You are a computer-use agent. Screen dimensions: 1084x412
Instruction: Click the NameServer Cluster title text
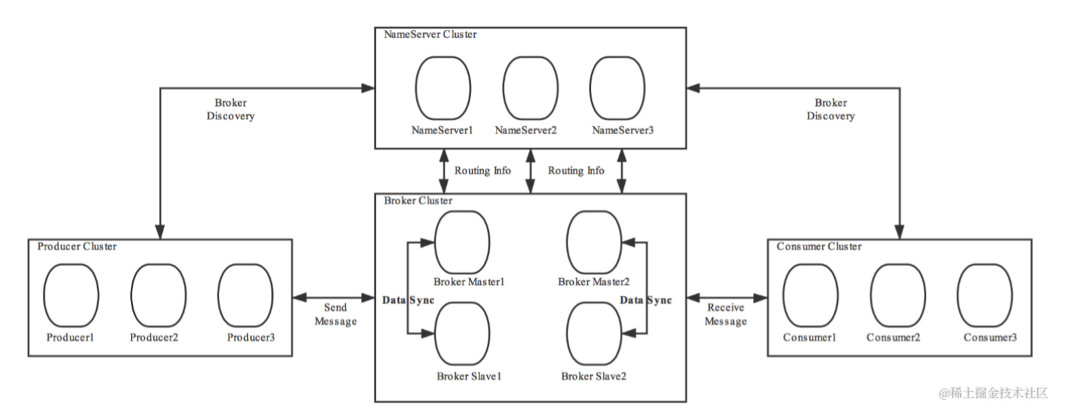point(430,35)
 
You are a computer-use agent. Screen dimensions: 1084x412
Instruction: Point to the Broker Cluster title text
point(418,200)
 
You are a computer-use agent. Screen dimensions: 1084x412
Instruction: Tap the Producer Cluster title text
point(77,246)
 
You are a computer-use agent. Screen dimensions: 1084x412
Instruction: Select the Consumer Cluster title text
point(819,246)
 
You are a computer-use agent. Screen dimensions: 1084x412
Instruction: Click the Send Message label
point(335,314)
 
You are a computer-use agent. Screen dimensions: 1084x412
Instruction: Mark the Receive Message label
point(725,314)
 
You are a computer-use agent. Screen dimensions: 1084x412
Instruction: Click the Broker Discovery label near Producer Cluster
point(231,109)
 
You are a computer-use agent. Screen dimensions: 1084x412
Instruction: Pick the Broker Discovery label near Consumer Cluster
point(830,109)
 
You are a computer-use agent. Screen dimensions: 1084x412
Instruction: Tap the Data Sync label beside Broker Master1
point(408,300)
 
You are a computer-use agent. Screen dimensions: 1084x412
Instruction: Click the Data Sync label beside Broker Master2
point(646,300)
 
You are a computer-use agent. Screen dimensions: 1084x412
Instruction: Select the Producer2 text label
point(154,337)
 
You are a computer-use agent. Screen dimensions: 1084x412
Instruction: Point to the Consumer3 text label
point(990,337)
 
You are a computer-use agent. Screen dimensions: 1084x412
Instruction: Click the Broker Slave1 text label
point(469,376)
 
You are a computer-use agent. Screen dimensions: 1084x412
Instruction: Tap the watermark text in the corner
point(993,393)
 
